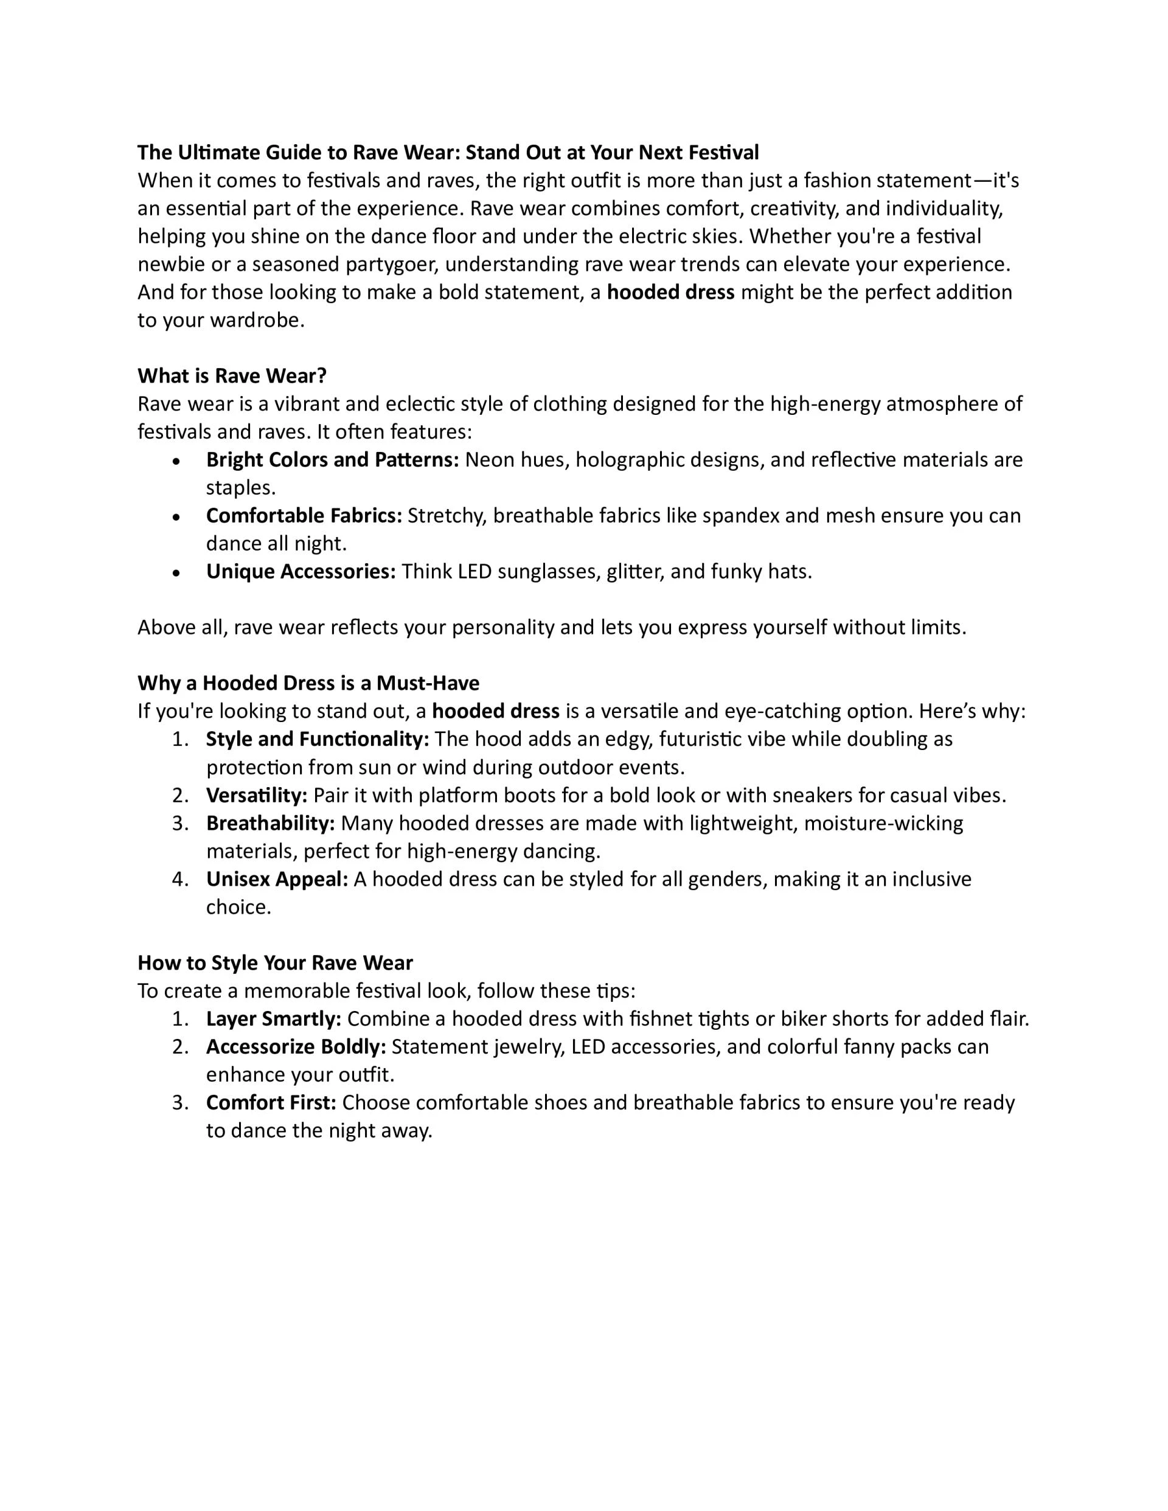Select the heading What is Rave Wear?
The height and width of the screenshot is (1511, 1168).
[x=232, y=376]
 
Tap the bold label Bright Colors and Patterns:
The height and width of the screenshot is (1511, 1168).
[x=332, y=459]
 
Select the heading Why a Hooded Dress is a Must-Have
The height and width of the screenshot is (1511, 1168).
[x=308, y=684]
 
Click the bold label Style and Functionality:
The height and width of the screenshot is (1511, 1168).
[x=318, y=739]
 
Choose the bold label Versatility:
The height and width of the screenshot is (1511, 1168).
[x=257, y=795]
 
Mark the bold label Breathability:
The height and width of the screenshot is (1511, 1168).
[x=271, y=823]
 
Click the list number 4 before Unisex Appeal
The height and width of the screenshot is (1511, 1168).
[x=179, y=880]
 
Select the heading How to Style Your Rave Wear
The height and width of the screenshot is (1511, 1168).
[x=275, y=963]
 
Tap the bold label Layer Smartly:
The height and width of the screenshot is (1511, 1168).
[x=273, y=1018]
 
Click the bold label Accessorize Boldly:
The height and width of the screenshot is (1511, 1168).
[x=296, y=1047]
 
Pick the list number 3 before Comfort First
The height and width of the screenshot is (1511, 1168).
[x=179, y=1102]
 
